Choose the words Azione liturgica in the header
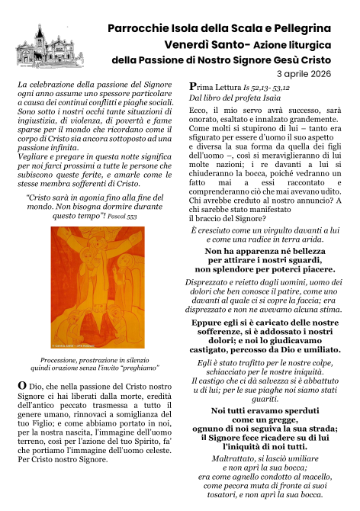click(x=295, y=45)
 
